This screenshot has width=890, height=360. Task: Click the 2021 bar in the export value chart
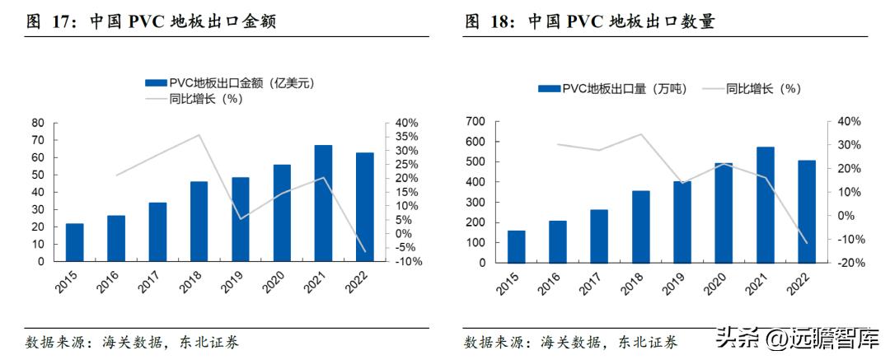tap(323, 203)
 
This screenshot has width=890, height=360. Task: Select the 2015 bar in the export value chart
tap(74, 242)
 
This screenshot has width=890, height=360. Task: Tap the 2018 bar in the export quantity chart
tap(641, 227)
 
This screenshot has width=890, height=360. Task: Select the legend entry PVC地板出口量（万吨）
tap(609, 88)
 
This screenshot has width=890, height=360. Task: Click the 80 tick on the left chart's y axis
tap(37, 123)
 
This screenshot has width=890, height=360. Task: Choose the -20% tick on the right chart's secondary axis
tap(849, 263)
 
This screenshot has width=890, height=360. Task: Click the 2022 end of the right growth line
tap(807, 243)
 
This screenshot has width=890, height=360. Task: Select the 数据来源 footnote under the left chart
tap(132, 342)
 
